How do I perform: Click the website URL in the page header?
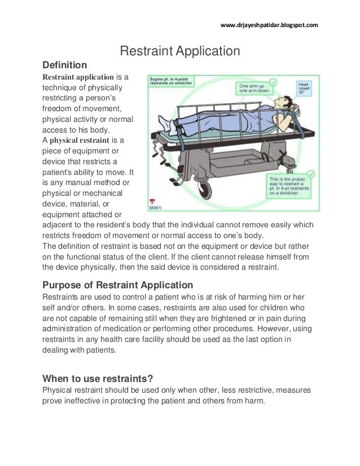(x=269, y=25)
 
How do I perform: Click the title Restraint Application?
(x=181, y=52)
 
